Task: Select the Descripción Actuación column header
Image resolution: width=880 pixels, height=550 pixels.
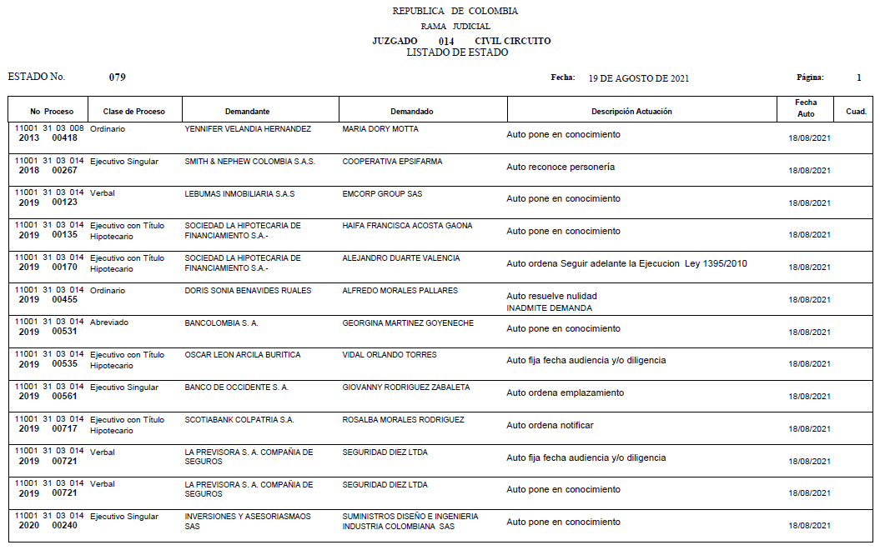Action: coord(631,112)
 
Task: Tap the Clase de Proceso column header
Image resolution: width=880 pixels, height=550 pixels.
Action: coord(133,112)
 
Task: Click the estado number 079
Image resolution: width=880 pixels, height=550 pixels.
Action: coord(118,77)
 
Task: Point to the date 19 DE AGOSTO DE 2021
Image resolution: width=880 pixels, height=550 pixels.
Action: coord(638,78)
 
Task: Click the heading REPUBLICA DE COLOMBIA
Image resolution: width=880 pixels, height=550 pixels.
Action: coord(455,12)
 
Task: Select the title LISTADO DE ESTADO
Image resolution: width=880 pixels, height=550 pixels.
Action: coord(457,52)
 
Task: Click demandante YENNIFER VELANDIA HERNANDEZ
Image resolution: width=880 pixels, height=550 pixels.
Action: coord(248,130)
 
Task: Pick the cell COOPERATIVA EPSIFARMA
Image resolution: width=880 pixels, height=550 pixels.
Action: coord(392,162)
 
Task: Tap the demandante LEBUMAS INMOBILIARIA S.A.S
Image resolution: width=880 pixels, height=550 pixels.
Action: coord(239,194)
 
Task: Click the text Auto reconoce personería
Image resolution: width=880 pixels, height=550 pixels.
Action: coord(561,167)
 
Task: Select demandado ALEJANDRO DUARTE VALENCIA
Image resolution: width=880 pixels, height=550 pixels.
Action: coord(400,258)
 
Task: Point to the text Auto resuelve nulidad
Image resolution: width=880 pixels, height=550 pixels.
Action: coord(551,296)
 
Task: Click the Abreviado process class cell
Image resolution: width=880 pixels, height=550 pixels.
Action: coord(109,322)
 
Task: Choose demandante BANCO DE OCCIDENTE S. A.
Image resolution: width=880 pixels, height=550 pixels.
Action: coord(236,387)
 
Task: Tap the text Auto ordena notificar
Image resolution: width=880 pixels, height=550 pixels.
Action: coord(550,425)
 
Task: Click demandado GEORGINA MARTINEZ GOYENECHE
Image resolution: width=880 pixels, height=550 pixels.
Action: coord(408,322)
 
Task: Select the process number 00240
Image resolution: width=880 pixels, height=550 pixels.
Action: coord(64,526)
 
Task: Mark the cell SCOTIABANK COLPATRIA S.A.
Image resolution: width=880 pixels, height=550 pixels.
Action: coord(239,420)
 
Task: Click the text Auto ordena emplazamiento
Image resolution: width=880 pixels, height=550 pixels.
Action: coord(565,392)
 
